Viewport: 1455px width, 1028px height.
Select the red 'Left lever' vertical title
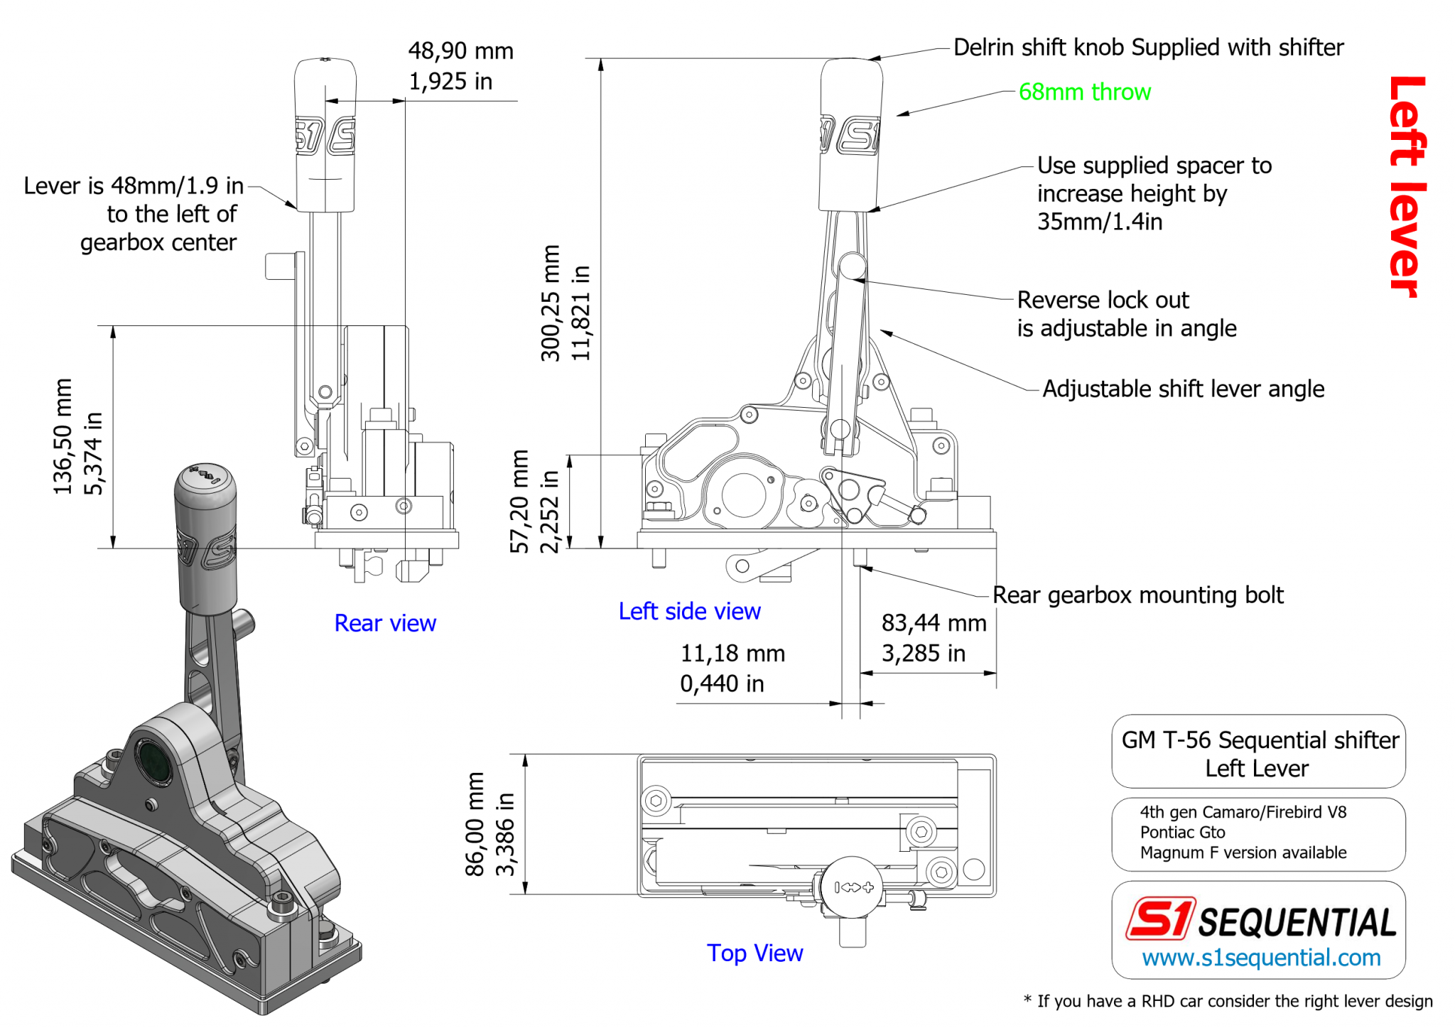click(x=1407, y=186)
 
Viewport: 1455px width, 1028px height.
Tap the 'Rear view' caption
click(x=384, y=623)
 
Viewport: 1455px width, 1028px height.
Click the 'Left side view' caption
click(x=688, y=611)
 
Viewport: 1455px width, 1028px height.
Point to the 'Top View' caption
click(x=754, y=953)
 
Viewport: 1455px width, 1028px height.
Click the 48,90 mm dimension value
click(x=460, y=51)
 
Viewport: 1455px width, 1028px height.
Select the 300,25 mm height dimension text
click(x=551, y=303)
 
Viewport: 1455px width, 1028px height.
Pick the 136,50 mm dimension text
click(x=63, y=436)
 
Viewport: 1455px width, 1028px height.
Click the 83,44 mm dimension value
click(x=933, y=623)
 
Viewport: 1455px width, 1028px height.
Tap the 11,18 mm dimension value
click(x=732, y=653)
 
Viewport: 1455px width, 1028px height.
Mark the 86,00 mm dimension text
click(x=474, y=824)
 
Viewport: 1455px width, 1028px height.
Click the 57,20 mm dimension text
click(x=519, y=501)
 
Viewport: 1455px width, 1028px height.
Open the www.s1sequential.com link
click(x=1260, y=958)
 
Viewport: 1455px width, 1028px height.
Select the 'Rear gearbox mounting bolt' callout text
click(x=1137, y=595)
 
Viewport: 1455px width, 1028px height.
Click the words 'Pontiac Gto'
click(x=1182, y=832)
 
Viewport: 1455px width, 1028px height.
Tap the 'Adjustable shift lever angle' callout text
click(x=1182, y=389)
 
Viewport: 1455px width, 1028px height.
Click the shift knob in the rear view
click(x=325, y=135)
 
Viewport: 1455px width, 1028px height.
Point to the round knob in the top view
click(x=852, y=887)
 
